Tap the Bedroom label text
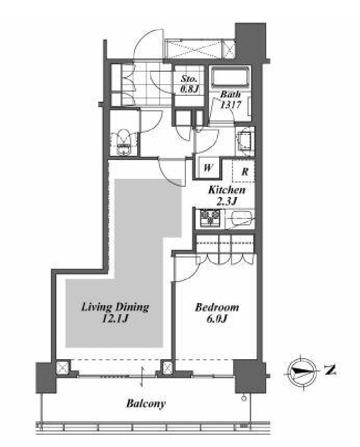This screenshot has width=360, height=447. [217, 307]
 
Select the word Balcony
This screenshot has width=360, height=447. [146, 404]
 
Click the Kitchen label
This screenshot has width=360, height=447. [227, 190]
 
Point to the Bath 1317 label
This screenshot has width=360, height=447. [230, 100]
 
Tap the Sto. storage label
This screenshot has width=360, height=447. [189, 84]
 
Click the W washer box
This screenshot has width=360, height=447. [208, 168]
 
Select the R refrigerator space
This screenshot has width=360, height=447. [243, 171]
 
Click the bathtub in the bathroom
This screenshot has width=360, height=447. [230, 77]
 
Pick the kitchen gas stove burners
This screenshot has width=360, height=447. [210, 218]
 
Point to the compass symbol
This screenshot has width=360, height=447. [302, 371]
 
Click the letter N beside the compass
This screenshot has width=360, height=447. [331, 370]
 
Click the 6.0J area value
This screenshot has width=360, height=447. [216, 318]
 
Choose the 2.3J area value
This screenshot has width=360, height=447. [227, 201]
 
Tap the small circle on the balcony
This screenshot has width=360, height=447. [243, 398]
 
